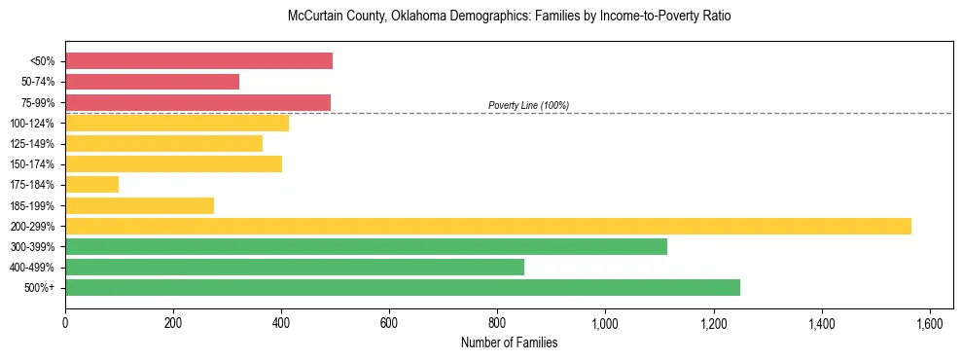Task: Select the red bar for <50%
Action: (198, 61)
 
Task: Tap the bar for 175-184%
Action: (91, 185)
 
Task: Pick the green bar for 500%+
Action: (403, 287)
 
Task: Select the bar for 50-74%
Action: (152, 82)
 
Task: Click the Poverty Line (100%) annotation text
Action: (528, 105)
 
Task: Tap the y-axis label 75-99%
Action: (38, 103)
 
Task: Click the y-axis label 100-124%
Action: (35, 124)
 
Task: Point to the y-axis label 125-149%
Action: (35, 144)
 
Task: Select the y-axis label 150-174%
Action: (35, 164)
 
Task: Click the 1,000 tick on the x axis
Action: (605, 323)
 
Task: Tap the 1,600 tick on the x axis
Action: (930, 323)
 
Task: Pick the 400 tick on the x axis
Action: (281, 323)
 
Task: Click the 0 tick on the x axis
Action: (65, 323)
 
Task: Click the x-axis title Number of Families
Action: (509, 342)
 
